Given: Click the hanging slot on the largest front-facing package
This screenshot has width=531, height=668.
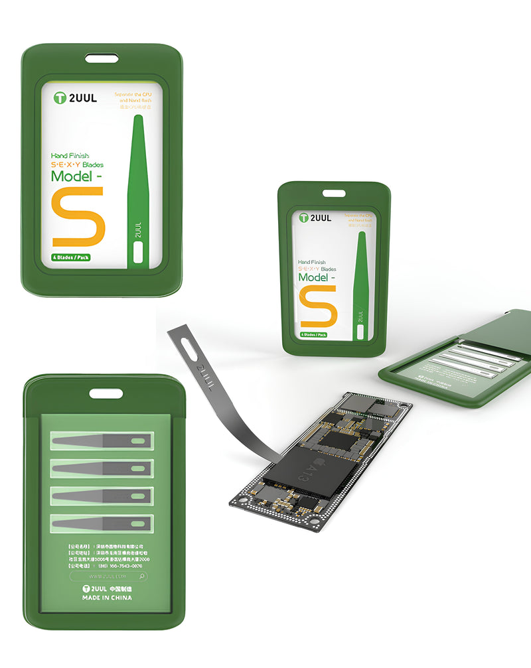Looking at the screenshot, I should pos(102,58).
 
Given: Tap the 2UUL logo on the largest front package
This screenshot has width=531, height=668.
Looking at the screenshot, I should pos(75,98).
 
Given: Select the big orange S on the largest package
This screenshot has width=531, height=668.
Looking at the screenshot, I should pos(78,217).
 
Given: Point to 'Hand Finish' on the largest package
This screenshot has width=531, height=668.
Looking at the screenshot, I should pos(70,156).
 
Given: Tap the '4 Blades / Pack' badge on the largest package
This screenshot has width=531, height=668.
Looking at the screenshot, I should pos(72,257).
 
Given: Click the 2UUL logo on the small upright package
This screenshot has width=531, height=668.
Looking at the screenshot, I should pos(315,218).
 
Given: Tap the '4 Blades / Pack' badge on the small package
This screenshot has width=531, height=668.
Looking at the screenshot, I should pos(313,334).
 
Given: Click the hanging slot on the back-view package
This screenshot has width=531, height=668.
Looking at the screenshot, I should pos(106,393).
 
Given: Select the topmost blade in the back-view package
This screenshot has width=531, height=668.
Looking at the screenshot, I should pos(102,440).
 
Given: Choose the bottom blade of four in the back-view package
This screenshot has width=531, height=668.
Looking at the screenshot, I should pos(102,523).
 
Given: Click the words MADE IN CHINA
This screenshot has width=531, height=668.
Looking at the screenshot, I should pos(107,598).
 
